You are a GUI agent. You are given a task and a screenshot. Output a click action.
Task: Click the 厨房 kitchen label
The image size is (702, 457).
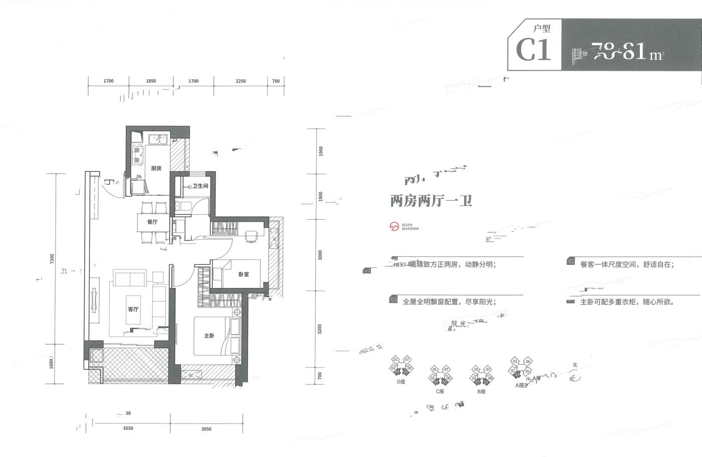click(x=156, y=169)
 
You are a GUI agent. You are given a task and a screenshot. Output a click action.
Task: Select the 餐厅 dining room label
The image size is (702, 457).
click(x=152, y=222)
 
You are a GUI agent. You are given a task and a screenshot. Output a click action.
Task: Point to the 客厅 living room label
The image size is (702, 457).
click(x=133, y=310)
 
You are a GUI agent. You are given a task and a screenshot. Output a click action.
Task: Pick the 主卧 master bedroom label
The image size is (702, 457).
click(x=209, y=336)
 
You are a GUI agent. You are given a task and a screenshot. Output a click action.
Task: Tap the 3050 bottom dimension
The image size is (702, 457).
click(x=207, y=429)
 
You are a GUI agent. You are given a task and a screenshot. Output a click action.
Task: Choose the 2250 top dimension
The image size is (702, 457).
click(x=240, y=81)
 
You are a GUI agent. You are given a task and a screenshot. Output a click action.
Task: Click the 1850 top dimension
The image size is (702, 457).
click(x=151, y=81)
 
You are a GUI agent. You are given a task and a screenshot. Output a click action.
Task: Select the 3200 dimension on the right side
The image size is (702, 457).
click(x=320, y=329)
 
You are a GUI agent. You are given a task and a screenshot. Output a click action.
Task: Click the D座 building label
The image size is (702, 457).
click(x=401, y=382)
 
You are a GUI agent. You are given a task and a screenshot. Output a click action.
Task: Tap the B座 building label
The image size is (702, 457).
click(x=481, y=391)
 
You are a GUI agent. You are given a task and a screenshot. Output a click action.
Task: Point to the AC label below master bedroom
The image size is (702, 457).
click(x=191, y=375)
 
